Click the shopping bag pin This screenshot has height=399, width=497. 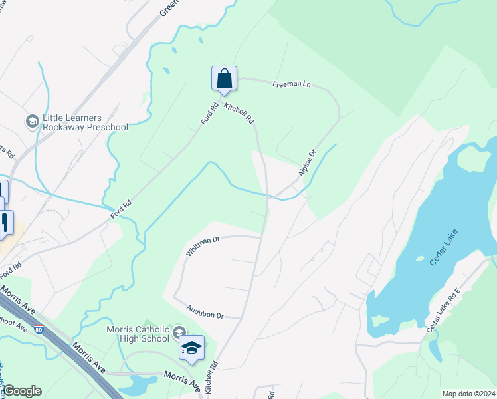[225, 78]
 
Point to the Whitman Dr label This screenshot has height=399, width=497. [203, 247]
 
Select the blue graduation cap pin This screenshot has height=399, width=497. [191, 348]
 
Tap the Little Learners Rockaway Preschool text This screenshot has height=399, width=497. [85, 122]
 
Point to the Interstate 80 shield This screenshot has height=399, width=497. [39, 329]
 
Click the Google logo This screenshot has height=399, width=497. [22, 391]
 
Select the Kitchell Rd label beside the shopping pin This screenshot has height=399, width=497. [239, 114]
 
